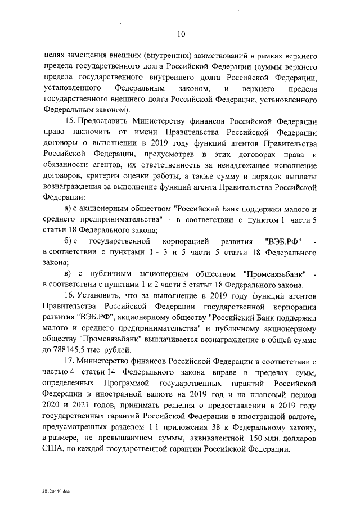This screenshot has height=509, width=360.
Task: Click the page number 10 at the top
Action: pyautogui.click(x=181, y=34)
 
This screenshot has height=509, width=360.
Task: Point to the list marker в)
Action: pyautogui.click(x=68, y=274)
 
